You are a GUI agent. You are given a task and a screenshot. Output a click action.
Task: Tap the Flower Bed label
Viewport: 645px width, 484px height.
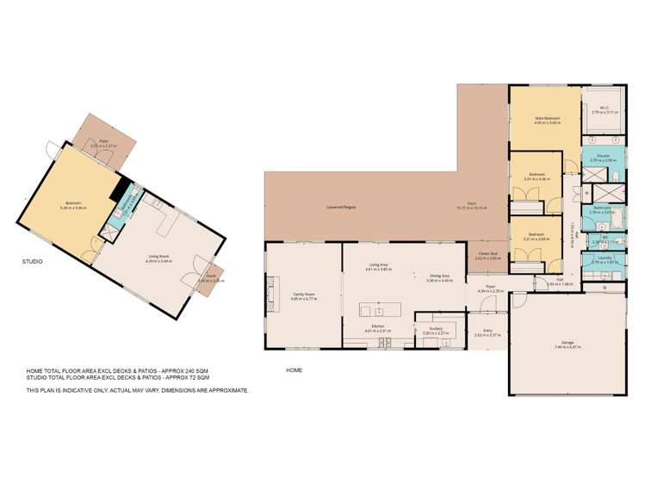487,255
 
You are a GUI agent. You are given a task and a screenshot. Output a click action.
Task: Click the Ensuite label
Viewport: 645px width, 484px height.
600,157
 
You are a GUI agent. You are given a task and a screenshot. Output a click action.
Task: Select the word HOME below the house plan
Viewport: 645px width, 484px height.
294,369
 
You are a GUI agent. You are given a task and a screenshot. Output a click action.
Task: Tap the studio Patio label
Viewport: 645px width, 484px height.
102,143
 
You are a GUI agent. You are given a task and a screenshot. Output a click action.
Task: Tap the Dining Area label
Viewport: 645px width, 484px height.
440,277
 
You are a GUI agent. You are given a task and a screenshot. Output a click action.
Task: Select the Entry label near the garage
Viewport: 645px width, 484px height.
487,331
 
